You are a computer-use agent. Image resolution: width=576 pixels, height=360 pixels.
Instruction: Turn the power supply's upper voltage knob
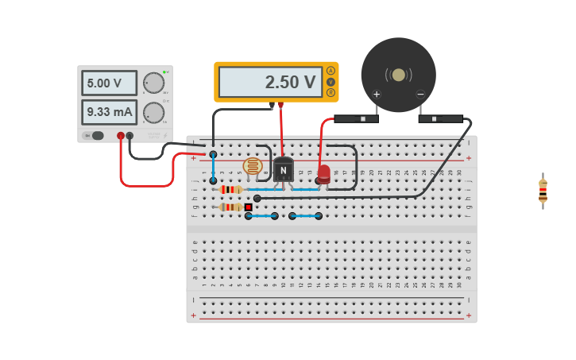coord(153,83)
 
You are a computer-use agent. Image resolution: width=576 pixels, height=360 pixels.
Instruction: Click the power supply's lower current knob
coord(153,113)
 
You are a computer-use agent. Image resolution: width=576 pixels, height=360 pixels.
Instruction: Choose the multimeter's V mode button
coord(331,82)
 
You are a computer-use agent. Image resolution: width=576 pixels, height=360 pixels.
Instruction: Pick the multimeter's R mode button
coord(331,92)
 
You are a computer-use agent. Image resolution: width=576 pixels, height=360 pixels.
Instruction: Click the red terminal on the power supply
coord(121,136)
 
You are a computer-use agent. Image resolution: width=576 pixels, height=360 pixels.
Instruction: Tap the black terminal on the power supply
coord(130,136)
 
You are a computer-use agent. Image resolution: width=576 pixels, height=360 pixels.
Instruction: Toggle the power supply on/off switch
coord(95,135)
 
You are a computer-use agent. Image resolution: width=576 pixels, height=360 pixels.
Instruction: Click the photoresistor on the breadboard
coord(252,166)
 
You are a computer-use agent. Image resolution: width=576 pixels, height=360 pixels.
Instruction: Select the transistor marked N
coord(283,170)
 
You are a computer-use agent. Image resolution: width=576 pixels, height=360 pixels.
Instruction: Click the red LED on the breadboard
coord(323,173)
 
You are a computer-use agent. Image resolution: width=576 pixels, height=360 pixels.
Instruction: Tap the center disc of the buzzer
coord(398,75)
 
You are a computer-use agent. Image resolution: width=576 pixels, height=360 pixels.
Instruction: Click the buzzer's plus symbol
coord(377,95)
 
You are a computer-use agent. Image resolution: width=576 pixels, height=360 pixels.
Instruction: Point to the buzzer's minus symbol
coord(420,95)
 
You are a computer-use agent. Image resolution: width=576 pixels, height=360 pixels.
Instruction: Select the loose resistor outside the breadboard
coord(543,191)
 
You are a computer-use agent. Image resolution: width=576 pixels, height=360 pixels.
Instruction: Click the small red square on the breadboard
coord(248,207)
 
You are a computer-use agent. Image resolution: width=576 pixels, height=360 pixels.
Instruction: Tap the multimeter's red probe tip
coord(280,105)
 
